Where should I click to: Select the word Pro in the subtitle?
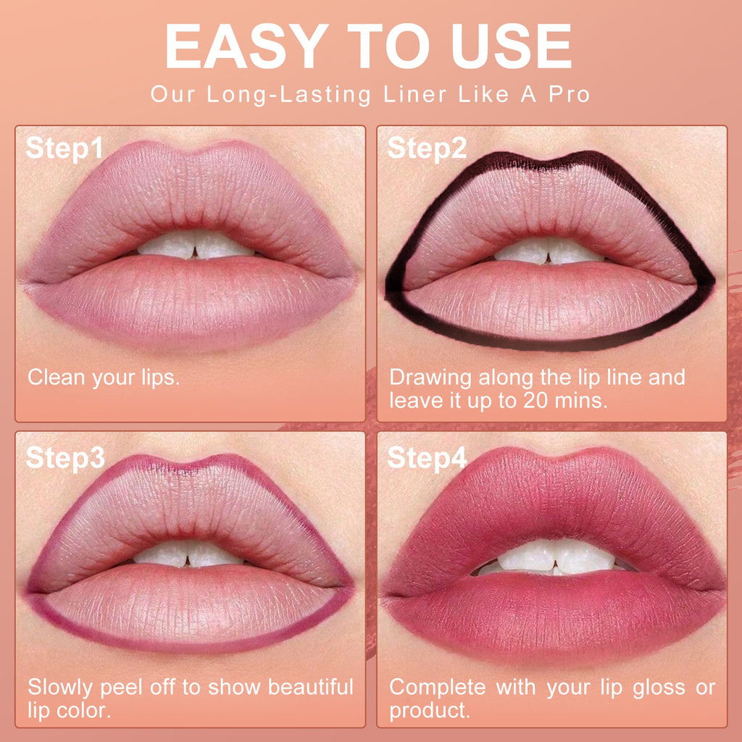click(x=569, y=95)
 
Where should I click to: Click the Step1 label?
click(x=64, y=149)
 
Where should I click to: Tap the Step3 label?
click(x=65, y=458)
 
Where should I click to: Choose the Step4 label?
click(x=428, y=458)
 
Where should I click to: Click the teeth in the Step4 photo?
click(x=554, y=556)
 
